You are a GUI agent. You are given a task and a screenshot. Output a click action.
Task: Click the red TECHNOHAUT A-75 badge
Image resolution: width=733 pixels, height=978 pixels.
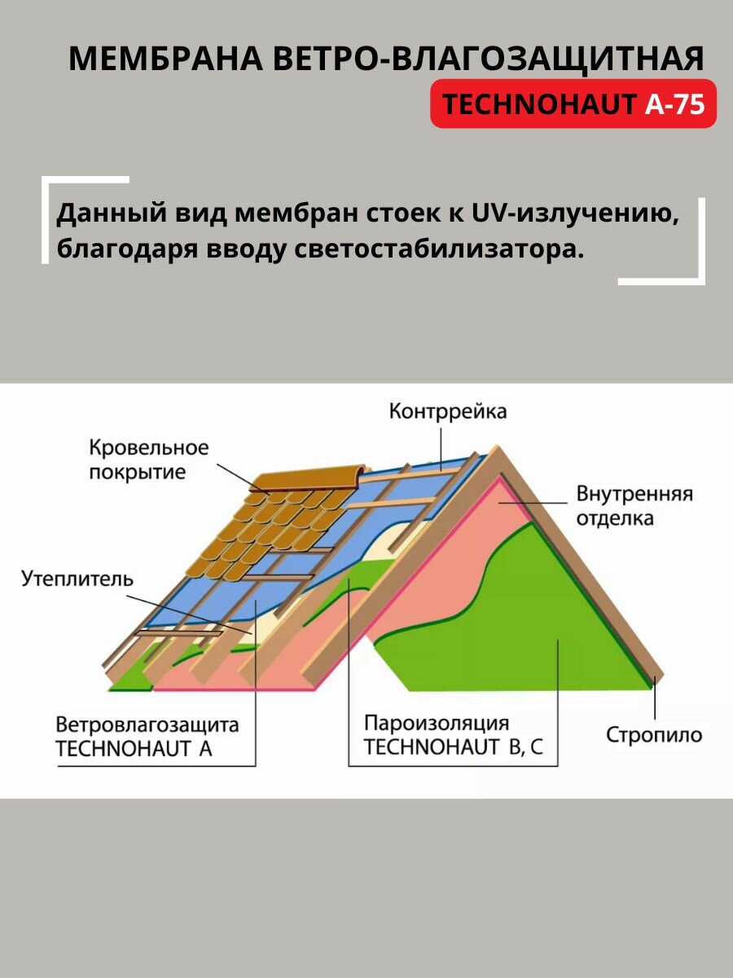point(573,104)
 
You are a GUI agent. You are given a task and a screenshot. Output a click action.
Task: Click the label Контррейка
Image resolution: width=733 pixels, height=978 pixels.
point(447,411)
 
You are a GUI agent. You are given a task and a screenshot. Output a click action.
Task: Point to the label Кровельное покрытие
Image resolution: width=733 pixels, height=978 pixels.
point(149,460)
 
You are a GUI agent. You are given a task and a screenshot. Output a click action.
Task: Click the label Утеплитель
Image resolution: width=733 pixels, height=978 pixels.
point(77,579)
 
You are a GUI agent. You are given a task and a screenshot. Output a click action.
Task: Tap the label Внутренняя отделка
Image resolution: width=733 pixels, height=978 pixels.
point(634,505)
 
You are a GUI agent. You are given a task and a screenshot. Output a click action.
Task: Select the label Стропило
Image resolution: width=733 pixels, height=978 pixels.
point(653,734)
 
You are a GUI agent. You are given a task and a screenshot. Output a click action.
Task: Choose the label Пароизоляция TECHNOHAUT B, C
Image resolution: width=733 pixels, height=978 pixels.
point(452,735)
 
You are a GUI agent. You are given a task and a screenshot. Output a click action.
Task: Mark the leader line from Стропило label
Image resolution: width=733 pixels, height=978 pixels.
point(654,701)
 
